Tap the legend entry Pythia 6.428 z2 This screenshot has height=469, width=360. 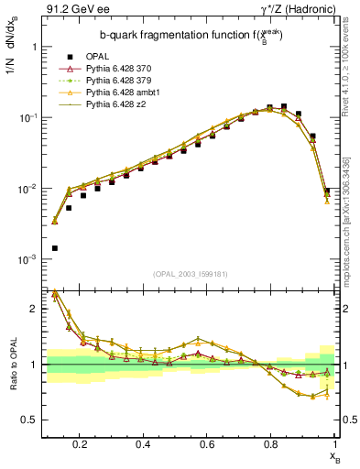pyautogui.click(x=117, y=104)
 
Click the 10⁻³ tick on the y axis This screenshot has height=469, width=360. pyautogui.click(x=27, y=260)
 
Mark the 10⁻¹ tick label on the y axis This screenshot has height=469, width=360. pyautogui.click(x=27, y=117)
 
